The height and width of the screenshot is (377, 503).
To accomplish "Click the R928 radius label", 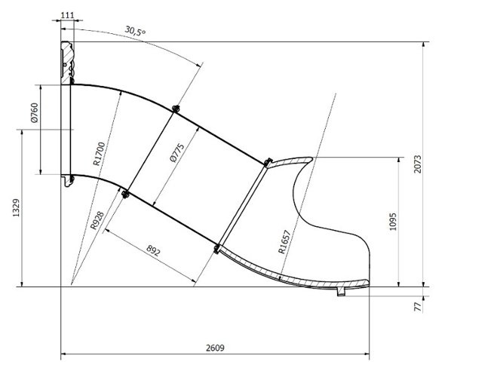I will click(97, 219).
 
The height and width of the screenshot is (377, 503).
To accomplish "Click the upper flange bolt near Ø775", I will click(175, 108).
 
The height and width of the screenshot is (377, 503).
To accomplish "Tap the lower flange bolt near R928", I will click(124, 195).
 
